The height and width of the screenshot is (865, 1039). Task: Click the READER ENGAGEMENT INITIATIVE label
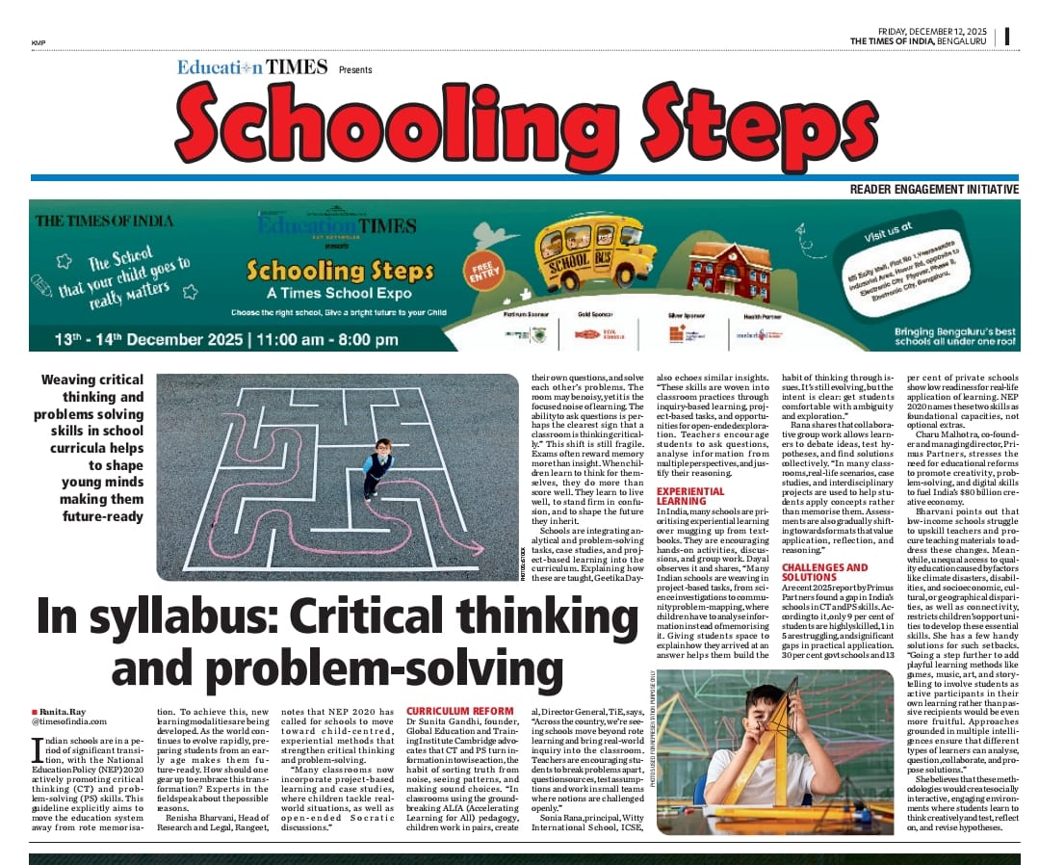pos(933,190)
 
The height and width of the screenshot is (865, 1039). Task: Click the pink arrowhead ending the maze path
pos(479,550)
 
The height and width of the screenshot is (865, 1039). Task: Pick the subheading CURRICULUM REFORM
pos(453,712)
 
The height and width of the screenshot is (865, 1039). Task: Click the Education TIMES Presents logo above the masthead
pos(273,68)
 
